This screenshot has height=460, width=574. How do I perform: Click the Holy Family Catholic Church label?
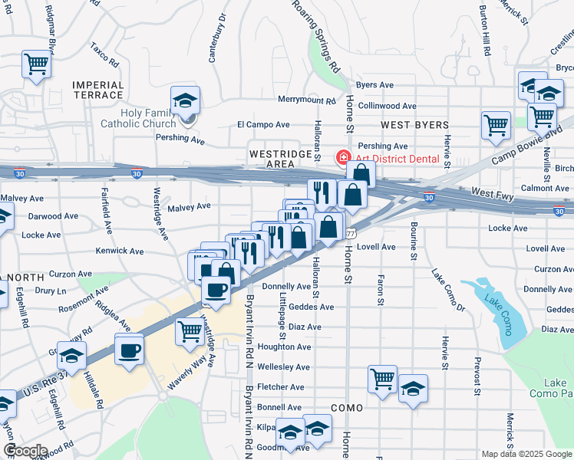pyautogui.click(x=138, y=117)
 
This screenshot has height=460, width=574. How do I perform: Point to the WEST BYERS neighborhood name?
pyautogui.click(x=412, y=123)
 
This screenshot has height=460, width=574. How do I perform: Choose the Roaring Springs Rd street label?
pyautogui.click(x=316, y=34)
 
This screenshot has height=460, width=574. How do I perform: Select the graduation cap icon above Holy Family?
pyautogui.click(x=185, y=101)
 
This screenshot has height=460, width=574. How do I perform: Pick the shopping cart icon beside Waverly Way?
pyautogui.click(x=189, y=331)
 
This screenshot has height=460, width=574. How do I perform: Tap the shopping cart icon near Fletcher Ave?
pyautogui.click(x=381, y=378)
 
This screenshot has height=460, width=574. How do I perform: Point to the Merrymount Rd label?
pyautogui.click(x=307, y=100)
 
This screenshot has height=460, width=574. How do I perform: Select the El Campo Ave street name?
pyautogui.click(x=263, y=124)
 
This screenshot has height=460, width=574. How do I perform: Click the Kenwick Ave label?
pyautogui.click(x=120, y=251)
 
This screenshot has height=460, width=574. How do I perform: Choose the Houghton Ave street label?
pyautogui.click(x=284, y=347)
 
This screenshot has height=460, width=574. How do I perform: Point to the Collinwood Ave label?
pyautogui.click(x=388, y=106)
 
